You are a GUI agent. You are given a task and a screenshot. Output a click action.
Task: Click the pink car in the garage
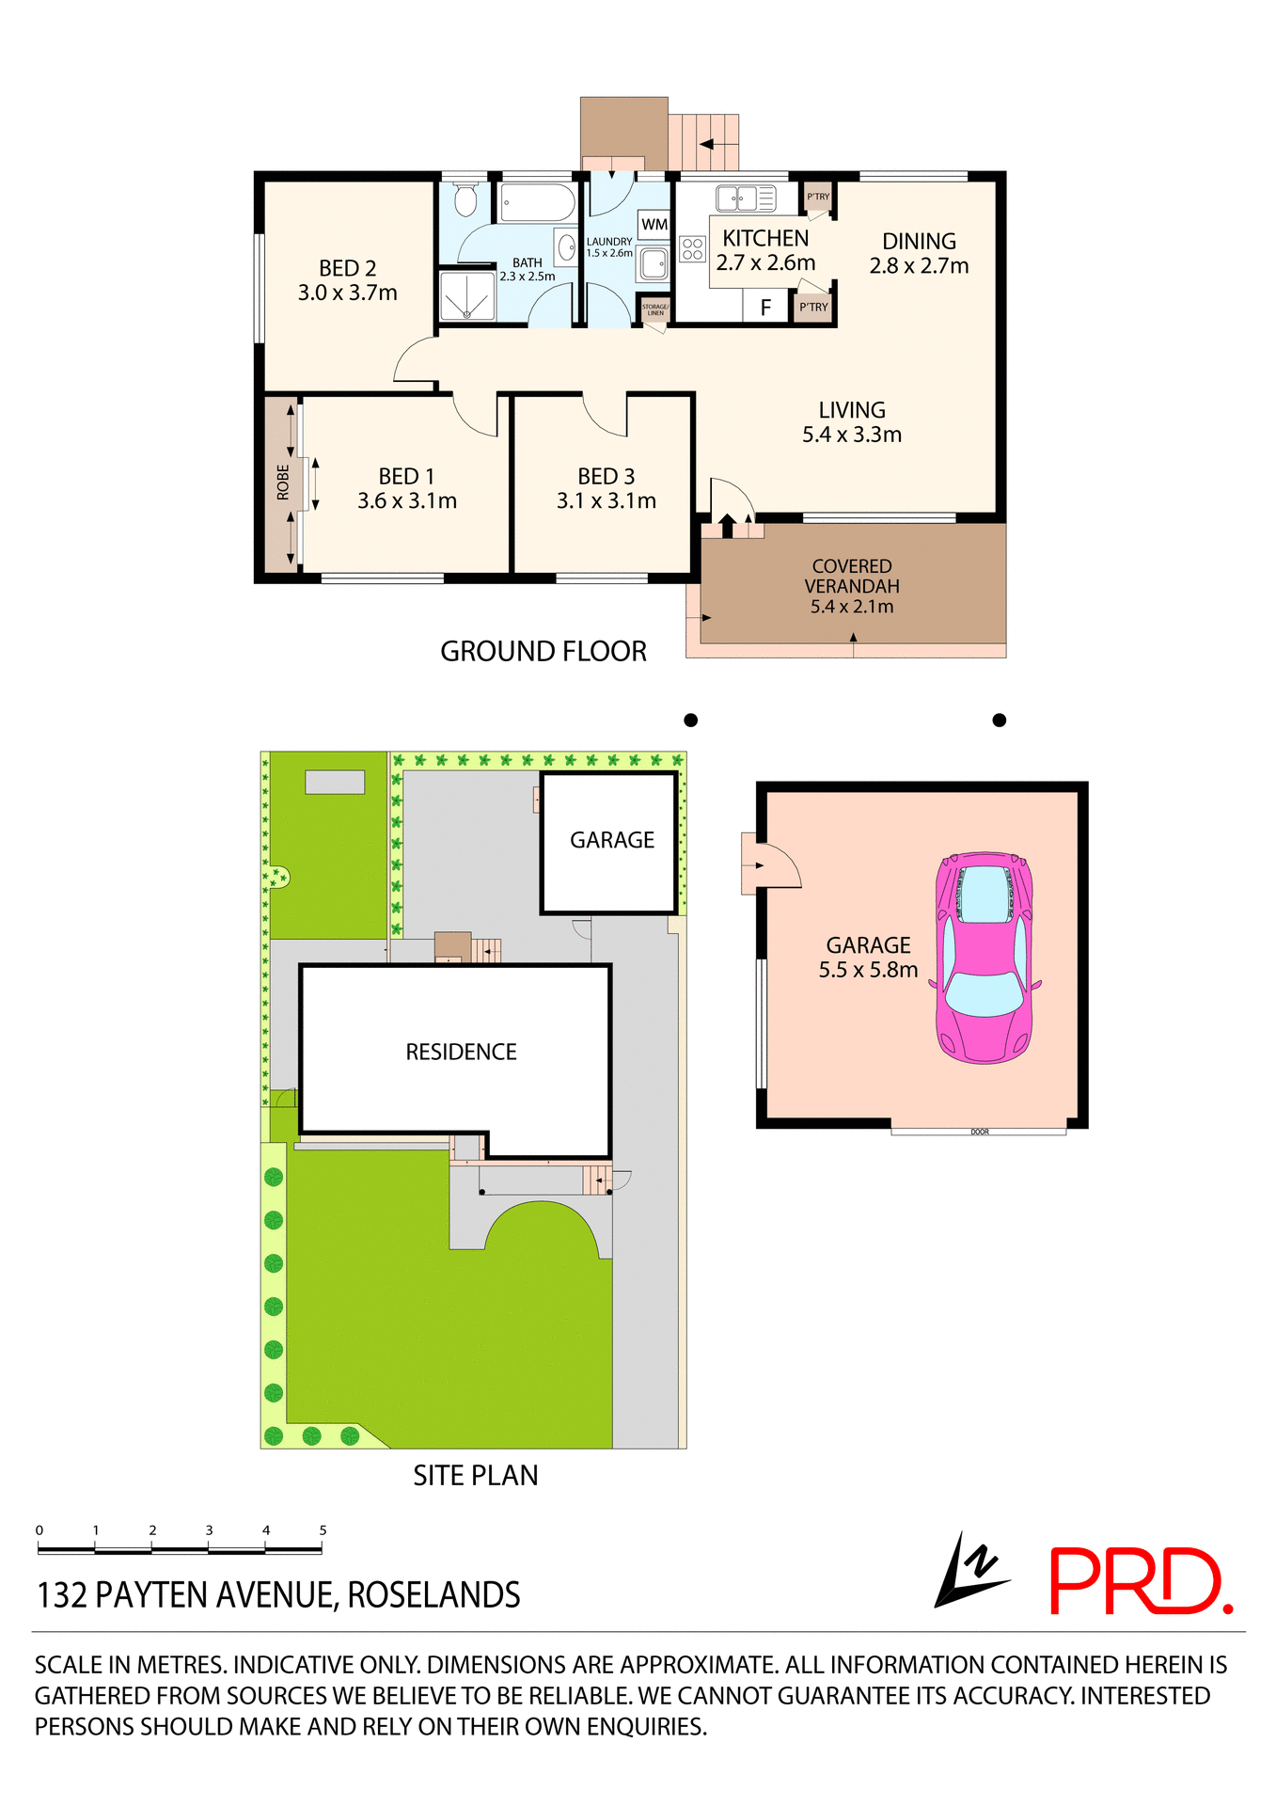tap(985, 958)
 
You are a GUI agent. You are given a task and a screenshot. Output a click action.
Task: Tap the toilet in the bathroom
tap(465, 198)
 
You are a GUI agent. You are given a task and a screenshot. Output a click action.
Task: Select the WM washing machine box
tap(654, 225)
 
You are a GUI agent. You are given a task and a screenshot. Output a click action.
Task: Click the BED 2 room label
tap(347, 269)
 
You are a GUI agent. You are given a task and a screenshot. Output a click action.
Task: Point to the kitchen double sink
tap(746, 198)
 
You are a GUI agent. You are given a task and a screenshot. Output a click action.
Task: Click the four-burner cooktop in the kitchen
tap(693, 249)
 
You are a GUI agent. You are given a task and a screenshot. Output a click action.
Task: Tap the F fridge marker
tap(765, 308)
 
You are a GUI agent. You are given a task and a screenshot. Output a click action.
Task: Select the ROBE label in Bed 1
tap(283, 483)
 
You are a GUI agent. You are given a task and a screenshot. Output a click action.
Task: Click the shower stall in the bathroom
tap(467, 296)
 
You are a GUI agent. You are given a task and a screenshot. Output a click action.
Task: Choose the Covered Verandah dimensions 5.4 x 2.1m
tap(852, 607)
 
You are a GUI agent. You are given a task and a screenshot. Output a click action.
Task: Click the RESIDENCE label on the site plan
tap(461, 1052)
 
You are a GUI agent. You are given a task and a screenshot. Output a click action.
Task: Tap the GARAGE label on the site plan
tap(612, 840)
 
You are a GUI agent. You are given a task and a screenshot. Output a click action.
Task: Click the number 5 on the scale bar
tap(323, 1530)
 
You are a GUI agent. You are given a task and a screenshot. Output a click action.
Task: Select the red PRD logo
tap(1139, 1582)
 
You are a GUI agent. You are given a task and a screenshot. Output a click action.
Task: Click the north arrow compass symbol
tap(969, 1572)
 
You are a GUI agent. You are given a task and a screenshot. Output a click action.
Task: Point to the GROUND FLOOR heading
tap(543, 651)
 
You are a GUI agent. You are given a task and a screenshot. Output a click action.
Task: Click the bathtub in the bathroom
tap(537, 201)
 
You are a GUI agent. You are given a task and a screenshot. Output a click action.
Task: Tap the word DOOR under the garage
tap(980, 1132)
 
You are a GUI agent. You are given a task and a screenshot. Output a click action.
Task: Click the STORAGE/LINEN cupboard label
tap(655, 309)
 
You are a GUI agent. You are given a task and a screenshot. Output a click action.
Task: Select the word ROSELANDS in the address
tap(433, 1595)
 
